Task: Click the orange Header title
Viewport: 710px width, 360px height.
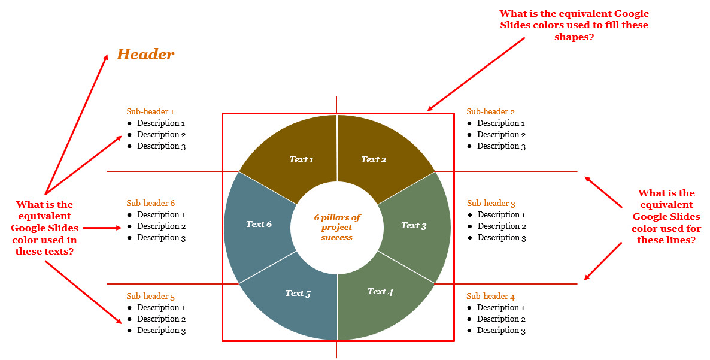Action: pyautogui.click(x=145, y=55)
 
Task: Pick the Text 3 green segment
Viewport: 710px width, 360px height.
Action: pyautogui.click(x=414, y=226)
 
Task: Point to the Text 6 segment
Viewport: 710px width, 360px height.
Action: pyautogui.click(x=259, y=224)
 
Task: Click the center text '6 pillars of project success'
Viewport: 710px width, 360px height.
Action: pyautogui.click(x=337, y=228)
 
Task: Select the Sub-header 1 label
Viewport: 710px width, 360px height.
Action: pyautogui.click(x=150, y=111)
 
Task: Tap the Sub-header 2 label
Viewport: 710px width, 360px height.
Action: pyautogui.click(x=490, y=111)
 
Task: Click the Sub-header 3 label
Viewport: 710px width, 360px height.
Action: pyautogui.click(x=491, y=204)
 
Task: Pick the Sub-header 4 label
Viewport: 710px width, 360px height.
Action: pyautogui.click(x=490, y=297)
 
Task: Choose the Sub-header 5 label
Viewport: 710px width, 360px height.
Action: pyautogui.click(x=150, y=297)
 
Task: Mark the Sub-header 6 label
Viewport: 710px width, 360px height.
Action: pyautogui.click(x=150, y=204)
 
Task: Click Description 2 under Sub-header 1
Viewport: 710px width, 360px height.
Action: pyautogui.click(x=161, y=134)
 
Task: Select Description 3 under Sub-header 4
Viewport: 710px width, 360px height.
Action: pyautogui.click(x=501, y=330)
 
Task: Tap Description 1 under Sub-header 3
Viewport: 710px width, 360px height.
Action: pyautogui.click(x=502, y=214)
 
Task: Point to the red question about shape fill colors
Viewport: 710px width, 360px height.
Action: pyautogui.click(x=574, y=25)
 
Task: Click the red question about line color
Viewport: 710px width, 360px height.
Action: pyautogui.click(x=666, y=216)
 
